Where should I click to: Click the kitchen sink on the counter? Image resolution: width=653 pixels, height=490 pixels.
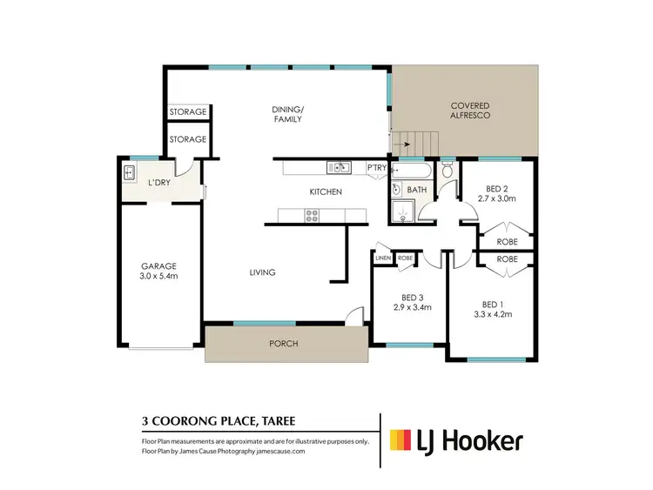pyautogui.click(x=338, y=168)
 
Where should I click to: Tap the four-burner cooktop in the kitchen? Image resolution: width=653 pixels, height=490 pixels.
pyautogui.click(x=311, y=216)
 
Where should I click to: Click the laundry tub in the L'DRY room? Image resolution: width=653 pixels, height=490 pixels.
pyautogui.click(x=130, y=171)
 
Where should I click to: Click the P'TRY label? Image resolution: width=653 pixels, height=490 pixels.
pyautogui.click(x=376, y=167)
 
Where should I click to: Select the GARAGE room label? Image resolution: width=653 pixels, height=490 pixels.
pyautogui.click(x=159, y=266)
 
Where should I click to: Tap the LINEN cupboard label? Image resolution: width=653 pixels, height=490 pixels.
pyautogui.click(x=382, y=258)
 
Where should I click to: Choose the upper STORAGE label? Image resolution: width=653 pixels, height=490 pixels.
pyautogui.click(x=188, y=112)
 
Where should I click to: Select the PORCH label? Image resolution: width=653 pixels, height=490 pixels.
pyautogui.click(x=284, y=344)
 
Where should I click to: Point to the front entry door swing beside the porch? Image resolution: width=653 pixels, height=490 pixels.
pyautogui.click(x=353, y=317)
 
